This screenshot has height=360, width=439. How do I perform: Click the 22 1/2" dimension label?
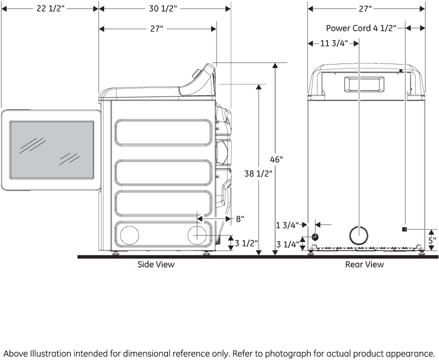(x=50, y=9)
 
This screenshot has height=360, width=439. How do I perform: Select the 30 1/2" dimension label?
(x=163, y=9)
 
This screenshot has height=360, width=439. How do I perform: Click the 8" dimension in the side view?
(x=240, y=218)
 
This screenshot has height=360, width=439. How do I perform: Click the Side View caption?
(x=156, y=264)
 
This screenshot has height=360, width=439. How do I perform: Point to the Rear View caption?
(x=364, y=264)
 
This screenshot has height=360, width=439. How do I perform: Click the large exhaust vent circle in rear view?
(x=359, y=234)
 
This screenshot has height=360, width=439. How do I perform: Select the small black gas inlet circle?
(x=315, y=236)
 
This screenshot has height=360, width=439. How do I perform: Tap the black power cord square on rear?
(x=404, y=229)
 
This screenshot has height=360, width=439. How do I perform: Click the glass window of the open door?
(x=51, y=150)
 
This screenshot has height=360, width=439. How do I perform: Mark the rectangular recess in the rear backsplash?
(x=364, y=83)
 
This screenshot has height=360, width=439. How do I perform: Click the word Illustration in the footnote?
(x=49, y=349)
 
